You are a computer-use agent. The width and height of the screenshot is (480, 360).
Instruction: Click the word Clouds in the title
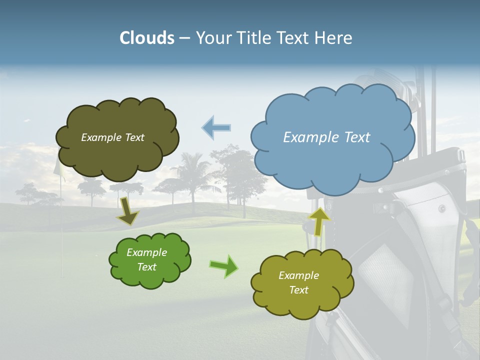coord(147,38)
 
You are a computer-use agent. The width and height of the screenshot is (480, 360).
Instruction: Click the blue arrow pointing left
coord(216,127)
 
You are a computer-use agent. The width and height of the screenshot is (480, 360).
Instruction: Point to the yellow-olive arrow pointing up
coord(318,221)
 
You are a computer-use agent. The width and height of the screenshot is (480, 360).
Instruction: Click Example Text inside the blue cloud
coord(326,137)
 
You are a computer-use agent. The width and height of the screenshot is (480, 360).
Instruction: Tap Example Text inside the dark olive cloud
coord(112,137)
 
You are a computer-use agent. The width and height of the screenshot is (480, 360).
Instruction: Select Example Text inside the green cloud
coord(146,259)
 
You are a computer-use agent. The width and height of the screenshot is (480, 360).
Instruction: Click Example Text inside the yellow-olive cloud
coord(298,282)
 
